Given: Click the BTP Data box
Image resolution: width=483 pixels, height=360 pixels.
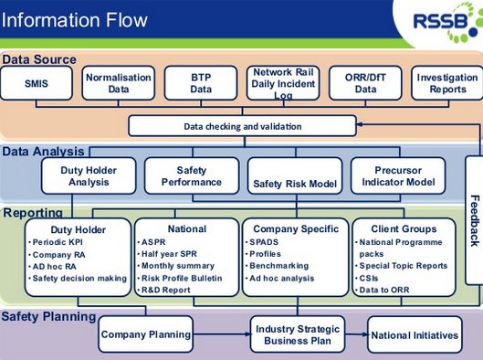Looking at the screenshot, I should click(200, 84).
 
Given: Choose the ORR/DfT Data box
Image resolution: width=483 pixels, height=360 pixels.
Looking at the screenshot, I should click(364, 84).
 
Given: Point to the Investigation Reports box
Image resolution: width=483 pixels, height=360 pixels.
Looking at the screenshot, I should click(446, 84).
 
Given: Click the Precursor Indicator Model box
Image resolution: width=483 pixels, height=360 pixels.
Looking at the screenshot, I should click(398, 176).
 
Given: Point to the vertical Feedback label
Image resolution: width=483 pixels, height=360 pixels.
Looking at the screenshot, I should click(474, 220).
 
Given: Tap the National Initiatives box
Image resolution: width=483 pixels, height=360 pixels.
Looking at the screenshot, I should click(415, 335).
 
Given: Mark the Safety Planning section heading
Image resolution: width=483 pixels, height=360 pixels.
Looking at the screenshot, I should click(48, 316).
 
